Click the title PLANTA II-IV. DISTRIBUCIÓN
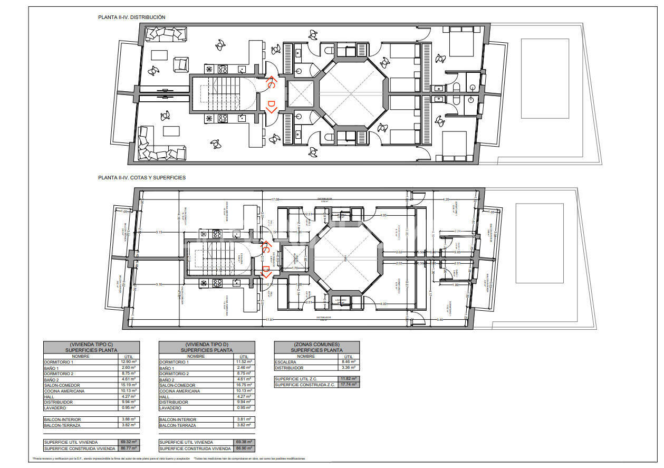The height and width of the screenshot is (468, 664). pyautogui.click(x=131, y=17)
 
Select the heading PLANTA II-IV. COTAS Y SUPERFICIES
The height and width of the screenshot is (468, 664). pyautogui.click(x=141, y=178)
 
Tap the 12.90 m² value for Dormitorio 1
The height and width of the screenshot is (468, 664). pyautogui.click(x=128, y=362)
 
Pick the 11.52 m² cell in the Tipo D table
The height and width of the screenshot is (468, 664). pyautogui.click(x=244, y=362)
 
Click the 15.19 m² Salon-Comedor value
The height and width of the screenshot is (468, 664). pyautogui.click(x=128, y=385)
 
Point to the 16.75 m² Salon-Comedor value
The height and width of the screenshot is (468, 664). pyautogui.click(x=244, y=385)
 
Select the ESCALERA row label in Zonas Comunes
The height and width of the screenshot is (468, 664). pyautogui.click(x=285, y=362)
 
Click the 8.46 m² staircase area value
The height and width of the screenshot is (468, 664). pyautogui.click(x=349, y=362)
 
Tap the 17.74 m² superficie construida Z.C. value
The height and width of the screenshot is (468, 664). pyautogui.click(x=349, y=385)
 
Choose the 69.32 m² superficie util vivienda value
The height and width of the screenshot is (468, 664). pyautogui.click(x=128, y=442)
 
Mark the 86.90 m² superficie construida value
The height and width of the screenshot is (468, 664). pyautogui.click(x=244, y=448)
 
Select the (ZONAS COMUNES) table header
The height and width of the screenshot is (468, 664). pyautogui.click(x=316, y=344)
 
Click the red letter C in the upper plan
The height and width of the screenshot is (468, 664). pyautogui.click(x=270, y=83)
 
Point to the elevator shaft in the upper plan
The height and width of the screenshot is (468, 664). pyautogui.click(x=300, y=95)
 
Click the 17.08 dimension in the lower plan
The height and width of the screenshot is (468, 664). pyautogui.click(x=275, y=200)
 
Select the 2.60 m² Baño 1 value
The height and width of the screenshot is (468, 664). pyautogui.click(x=128, y=368)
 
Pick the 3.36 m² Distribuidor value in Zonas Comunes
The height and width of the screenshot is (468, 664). pyautogui.click(x=349, y=368)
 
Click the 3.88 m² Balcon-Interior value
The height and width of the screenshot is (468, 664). pyautogui.click(x=128, y=419)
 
